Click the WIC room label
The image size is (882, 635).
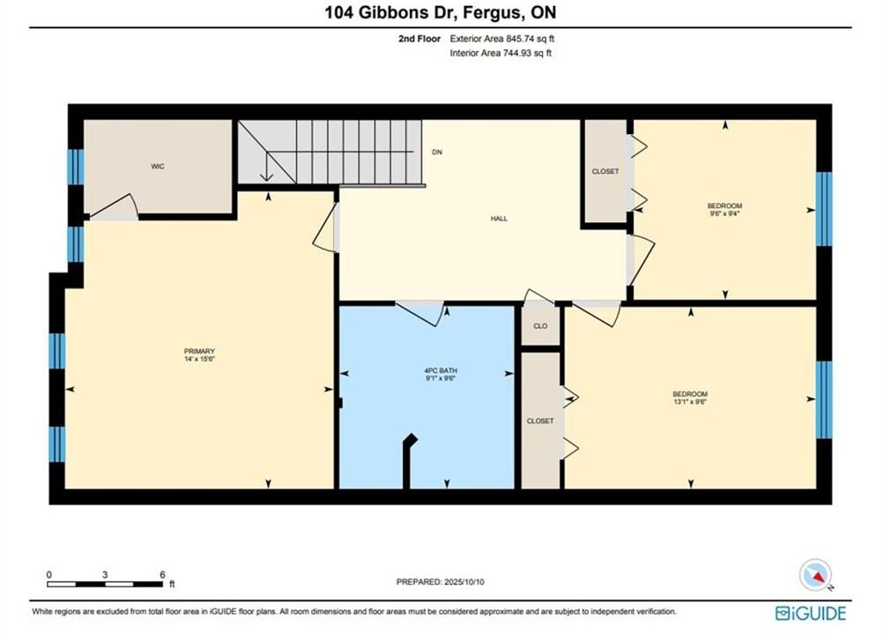158,166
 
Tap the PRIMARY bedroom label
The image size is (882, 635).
200,351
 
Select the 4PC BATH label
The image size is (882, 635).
441,370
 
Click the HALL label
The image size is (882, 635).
499,219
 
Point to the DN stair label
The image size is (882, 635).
437,152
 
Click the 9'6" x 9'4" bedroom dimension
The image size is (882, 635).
724,213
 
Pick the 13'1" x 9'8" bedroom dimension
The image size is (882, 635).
690,402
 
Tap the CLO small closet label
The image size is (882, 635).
540,326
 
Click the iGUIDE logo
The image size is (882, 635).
810,613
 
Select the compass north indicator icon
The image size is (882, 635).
816,575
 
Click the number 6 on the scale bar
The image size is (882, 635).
162,575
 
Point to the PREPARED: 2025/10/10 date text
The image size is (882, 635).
440,582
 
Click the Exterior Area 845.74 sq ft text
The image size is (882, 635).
501,39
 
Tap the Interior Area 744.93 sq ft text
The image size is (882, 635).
500,54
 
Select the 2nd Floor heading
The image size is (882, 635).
419,39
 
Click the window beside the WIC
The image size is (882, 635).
76,167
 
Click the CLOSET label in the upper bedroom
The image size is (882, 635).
605,171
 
